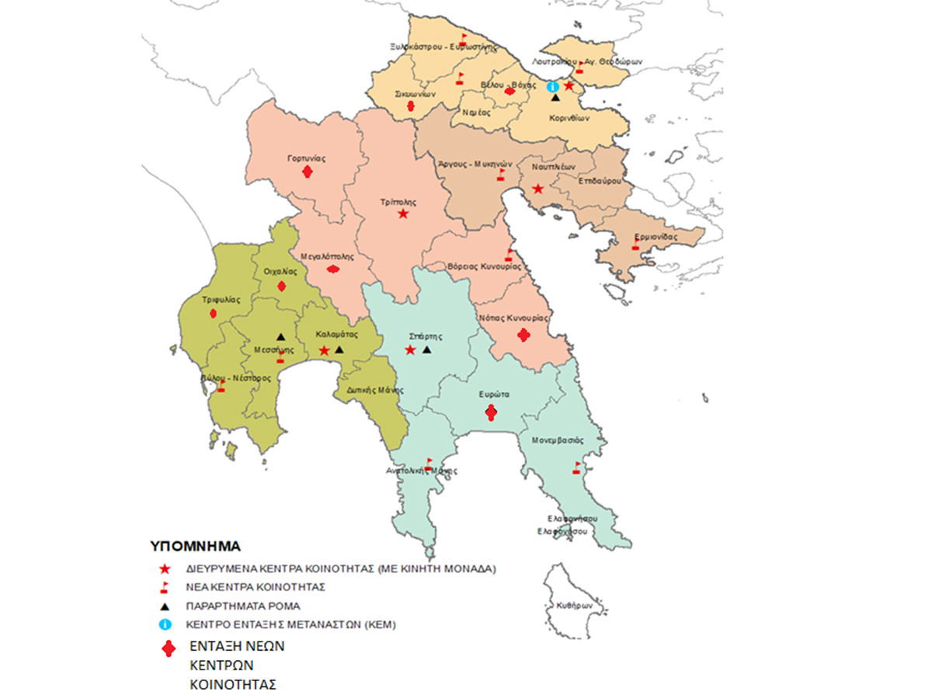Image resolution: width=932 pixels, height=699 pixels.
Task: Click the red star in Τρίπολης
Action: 402,214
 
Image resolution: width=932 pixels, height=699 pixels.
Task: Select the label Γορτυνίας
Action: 306,158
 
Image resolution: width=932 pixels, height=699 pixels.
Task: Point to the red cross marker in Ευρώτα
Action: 490,413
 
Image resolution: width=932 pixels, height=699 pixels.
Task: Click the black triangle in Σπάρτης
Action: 426,350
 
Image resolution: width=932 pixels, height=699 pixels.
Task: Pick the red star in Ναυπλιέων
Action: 537,189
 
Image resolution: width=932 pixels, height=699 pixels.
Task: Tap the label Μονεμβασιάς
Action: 557,440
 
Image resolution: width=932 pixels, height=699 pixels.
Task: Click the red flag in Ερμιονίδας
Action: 635,245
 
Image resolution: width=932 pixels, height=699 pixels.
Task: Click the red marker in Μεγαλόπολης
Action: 333,270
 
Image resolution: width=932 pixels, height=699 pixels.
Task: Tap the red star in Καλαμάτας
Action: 324,351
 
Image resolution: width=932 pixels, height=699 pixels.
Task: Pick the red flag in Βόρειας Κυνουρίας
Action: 509,254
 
